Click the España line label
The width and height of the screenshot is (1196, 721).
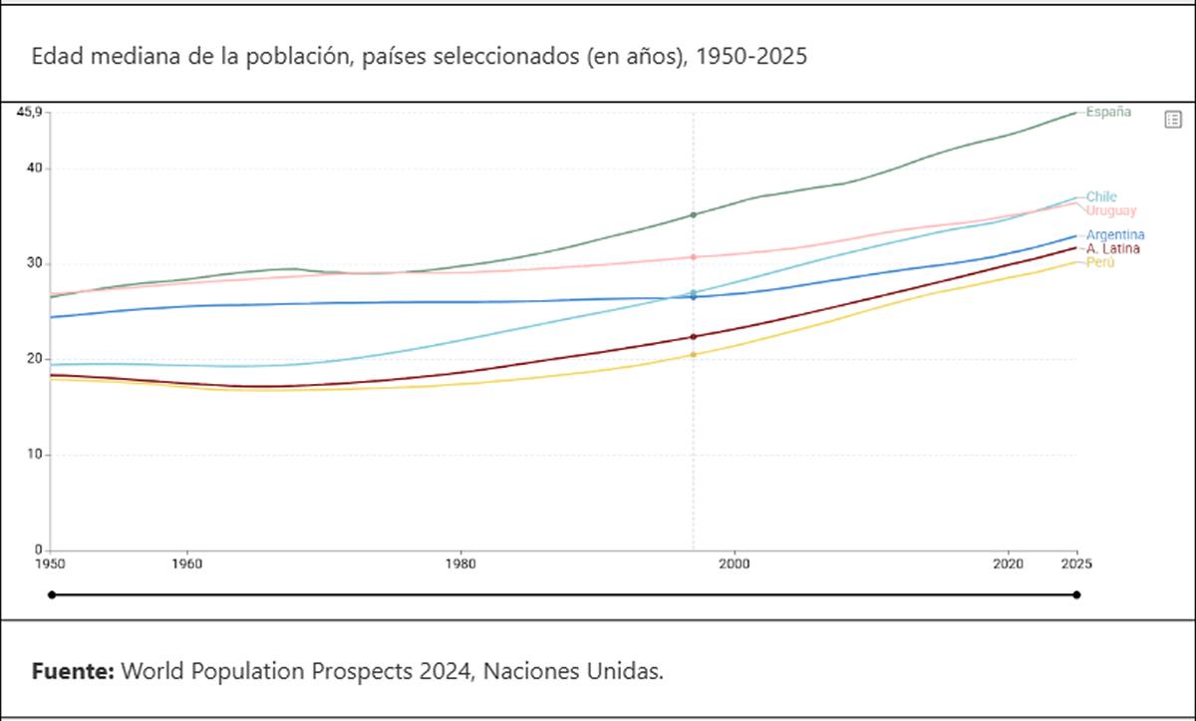(1108, 112)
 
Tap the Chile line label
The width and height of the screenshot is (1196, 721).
(1101, 196)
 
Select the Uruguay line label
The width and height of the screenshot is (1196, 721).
(1110, 210)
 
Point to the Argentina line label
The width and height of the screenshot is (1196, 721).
(1114, 235)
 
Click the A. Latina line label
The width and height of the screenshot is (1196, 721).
(1113, 248)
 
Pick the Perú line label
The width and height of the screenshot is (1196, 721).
(1100, 261)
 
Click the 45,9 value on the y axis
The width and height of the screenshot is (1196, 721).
(29, 112)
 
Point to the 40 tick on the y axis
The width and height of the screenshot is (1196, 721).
(35, 168)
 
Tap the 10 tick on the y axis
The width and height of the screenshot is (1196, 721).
(35, 455)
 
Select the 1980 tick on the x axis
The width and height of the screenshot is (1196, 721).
(460, 563)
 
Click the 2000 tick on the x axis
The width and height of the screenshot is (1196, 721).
(735, 563)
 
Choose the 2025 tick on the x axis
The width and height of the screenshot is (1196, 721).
(1076, 563)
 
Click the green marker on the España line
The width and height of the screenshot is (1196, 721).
(694, 214)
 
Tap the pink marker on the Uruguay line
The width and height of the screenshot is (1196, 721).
(694, 257)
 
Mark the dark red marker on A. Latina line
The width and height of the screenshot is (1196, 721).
(694, 337)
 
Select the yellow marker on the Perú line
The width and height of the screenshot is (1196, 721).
(694, 355)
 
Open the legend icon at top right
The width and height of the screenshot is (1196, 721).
(1173, 120)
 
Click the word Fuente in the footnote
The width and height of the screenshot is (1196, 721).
(73, 671)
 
